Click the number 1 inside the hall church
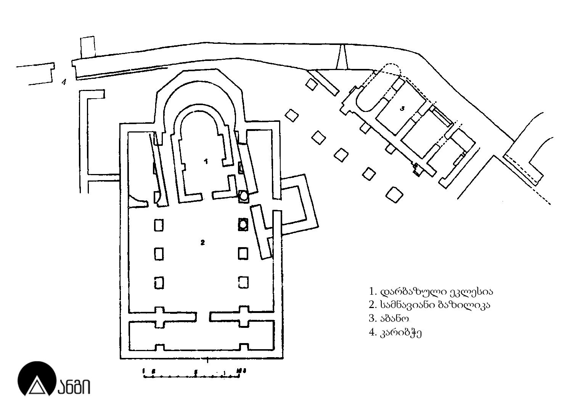coord(206,161)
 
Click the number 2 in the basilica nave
coord(202,242)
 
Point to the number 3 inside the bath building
coord(402,109)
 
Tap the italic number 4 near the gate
coord(64,81)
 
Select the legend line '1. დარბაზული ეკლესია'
coord(431,292)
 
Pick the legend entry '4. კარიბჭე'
coord(395,332)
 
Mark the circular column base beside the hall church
coord(243,196)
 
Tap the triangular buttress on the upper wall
coord(342,57)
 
